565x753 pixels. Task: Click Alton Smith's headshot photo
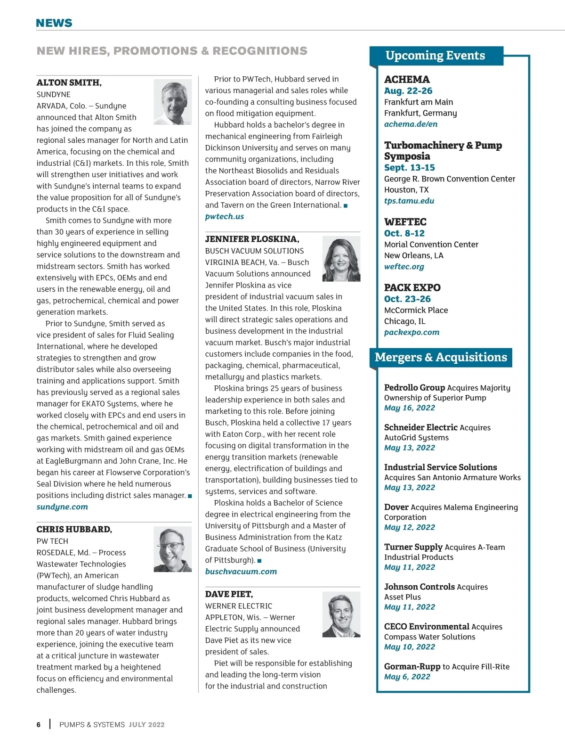[x=172, y=102]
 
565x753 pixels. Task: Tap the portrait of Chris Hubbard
[x=172, y=549]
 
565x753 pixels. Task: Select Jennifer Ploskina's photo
[x=341, y=259]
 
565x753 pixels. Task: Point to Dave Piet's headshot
[x=341, y=614]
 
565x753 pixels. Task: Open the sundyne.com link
[x=62, y=507]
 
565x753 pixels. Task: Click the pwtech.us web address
[x=225, y=217]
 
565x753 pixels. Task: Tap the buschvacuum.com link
[x=241, y=572]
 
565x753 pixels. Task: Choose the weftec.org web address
[x=404, y=267]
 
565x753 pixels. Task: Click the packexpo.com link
[x=412, y=332]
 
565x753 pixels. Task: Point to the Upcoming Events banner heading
[x=435, y=56]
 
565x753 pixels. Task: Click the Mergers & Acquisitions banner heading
[x=441, y=358]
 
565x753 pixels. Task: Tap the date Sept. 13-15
[x=409, y=168]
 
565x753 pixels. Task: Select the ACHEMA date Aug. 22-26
[x=408, y=91]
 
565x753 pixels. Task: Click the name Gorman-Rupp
[x=412, y=667]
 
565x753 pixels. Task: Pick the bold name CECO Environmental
[x=427, y=627]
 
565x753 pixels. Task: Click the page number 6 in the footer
[x=39, y=725]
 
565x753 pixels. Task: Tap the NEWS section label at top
[x=54, y=23]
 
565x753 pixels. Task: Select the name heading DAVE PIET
[x=229, y=594]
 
